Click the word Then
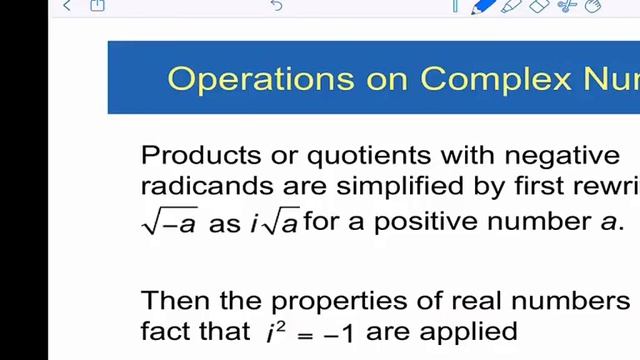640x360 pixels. [x=173, y=300]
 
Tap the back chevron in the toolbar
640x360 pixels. [x=67, y=6]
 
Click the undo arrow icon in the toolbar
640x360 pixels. [x=276, y=6]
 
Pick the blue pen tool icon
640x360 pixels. [x=484, y=6]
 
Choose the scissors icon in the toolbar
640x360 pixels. [x=567, y=6]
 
